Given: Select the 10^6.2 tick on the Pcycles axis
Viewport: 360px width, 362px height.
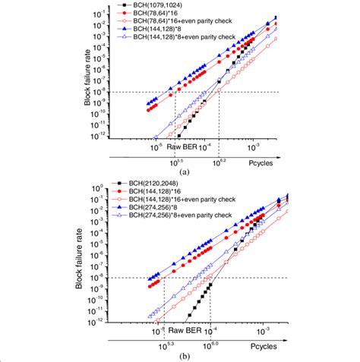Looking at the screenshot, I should (219, 161).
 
